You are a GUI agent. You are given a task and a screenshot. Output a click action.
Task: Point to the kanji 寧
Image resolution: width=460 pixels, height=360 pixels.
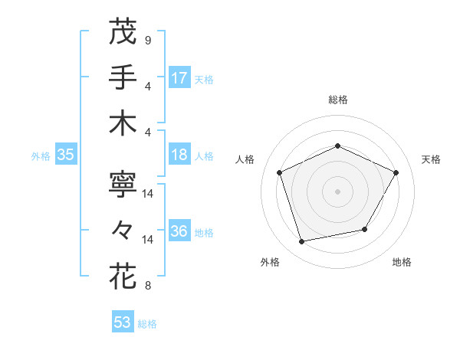[x=123, y=184]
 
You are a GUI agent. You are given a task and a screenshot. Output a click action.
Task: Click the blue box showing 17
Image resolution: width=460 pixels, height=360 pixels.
[x=179, y=77]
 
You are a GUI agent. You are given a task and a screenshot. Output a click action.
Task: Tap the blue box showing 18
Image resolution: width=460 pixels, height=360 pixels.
[x=179, y=155]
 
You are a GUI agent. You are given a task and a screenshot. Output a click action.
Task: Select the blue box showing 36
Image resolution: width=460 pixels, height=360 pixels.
[x=179, y=232]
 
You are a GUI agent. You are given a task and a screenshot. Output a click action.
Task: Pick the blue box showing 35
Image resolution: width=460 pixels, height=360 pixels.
[x=66, y=155]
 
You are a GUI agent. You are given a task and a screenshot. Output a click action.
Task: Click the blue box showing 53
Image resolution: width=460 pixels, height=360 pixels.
[x=123, y=322]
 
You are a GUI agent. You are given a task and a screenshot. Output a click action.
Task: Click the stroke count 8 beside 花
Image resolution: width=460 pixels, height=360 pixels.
[x=147, y=286]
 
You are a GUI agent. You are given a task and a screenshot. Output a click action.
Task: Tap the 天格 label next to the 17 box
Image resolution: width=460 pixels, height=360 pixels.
[x=204, y=79]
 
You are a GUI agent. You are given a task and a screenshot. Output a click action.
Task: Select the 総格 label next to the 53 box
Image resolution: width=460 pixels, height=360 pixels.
[x=147, y=324]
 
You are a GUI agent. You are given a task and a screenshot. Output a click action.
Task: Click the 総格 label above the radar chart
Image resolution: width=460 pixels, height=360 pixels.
[x=337, y=100]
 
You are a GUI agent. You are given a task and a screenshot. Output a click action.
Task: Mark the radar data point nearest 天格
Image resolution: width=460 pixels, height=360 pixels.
[x=396, y=172]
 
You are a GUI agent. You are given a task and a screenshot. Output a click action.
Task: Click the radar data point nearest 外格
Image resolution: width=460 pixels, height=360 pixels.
[x=301, y=242]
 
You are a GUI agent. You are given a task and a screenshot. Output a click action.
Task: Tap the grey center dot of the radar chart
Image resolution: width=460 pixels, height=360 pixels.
[x=337, y=191]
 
